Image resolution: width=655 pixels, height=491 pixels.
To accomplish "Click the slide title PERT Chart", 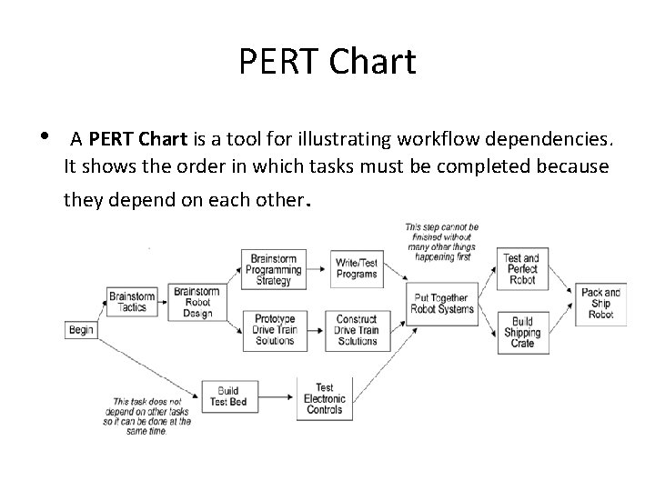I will click(x=327, y=62).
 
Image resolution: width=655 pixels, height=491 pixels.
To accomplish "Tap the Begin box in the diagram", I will click(x=81, y=330).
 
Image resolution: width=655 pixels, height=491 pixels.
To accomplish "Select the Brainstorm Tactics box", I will click(x=132, y=302).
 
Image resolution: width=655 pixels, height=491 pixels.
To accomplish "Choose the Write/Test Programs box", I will click(x=357, y=267).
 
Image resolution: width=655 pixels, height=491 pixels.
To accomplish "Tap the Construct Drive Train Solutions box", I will click(x=357, y=329).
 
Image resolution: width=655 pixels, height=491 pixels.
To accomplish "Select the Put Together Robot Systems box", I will click(x=441, y=303).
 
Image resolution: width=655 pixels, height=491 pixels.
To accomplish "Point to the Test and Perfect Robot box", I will click(x=521, y=270).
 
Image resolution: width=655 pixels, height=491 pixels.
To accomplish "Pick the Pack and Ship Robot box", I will click(x=600, y=303).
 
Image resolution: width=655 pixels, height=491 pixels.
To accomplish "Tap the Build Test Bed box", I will click(x=227, y=397).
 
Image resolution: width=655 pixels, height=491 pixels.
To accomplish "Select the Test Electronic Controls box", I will click(x=324, y=398).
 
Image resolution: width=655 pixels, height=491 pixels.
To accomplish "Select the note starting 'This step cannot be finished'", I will click(x=442, y=241).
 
